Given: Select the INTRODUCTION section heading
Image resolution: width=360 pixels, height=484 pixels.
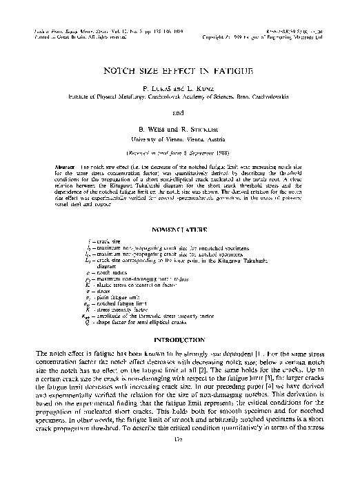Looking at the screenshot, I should [180, 340].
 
